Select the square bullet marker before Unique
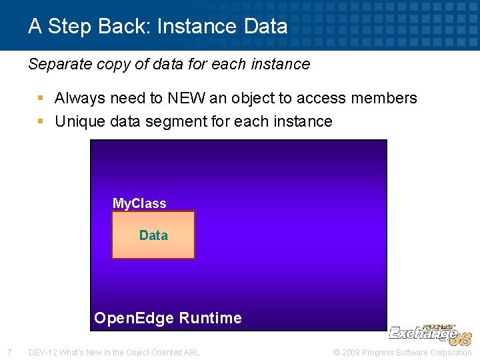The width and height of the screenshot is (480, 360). pos(41,121)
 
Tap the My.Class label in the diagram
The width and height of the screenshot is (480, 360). pos(139,203)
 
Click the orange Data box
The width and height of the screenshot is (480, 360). pos(153,235)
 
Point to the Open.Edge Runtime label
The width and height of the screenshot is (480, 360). pos(168,318)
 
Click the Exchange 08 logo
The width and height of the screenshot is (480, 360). pos(429,333)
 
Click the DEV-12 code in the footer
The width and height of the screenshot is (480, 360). pos(42,352)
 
